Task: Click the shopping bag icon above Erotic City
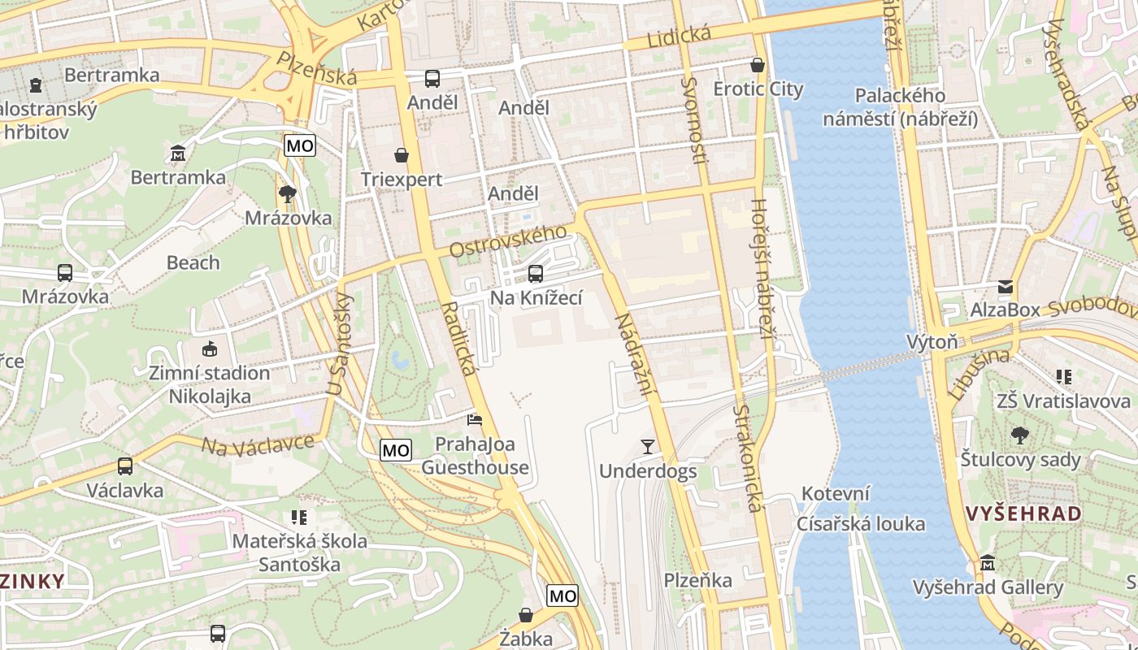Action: (758, 64)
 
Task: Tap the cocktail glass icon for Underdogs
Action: (647, 446)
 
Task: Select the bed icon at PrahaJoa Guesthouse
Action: (474, 420)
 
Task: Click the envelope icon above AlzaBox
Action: (1006, 286)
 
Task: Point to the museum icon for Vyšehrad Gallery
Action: (987, 562)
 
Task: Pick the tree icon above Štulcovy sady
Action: (1019, 435)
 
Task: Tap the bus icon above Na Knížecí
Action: (535, 274)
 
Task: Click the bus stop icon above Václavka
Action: (124, 466)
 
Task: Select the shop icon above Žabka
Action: (526, 615)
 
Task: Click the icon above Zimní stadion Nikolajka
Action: (209, 349)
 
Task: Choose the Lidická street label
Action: (679, 37)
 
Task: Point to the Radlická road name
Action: (459, 339)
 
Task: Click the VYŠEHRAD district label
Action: (1023, 513)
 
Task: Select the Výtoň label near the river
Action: (932, 341)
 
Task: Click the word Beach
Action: (193, 262)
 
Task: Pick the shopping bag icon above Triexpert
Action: (401, 154)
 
